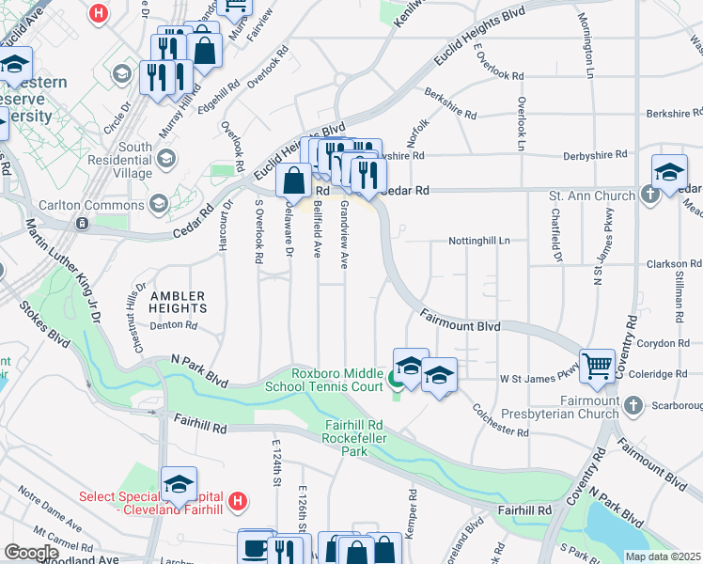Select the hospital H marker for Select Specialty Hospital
(x=238, y=502)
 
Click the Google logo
(x=31, y=554)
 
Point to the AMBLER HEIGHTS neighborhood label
(x=178, y=301)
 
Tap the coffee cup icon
(x=254, y=546)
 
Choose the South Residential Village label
(x=135, y=161)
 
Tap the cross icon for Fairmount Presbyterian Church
(x=633, y=405)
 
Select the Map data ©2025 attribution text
(x=663, y=556)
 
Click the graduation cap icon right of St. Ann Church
(x=668, y=173)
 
